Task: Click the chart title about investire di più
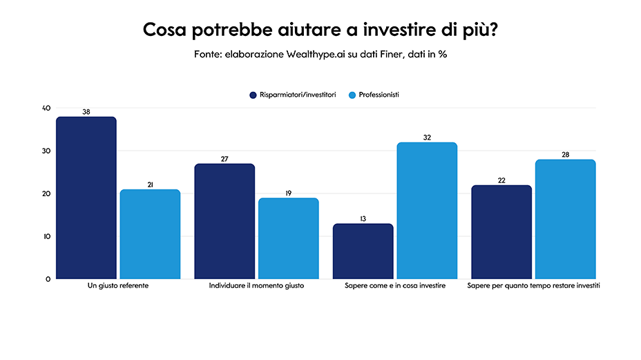[320, 31]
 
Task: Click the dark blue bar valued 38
[86, 198]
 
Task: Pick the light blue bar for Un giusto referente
[150, 234]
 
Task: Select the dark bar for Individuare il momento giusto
[224, 221]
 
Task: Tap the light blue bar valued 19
[288, 238]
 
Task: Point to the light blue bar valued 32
[427, 211]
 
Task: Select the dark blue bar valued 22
[501, 231]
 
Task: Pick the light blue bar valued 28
[565, 219]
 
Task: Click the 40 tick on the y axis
[46, 108]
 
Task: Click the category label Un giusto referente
[118, 286]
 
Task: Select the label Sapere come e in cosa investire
[394, 286]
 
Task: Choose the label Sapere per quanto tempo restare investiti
[533, 286]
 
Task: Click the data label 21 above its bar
[150, 184]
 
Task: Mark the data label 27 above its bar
[224, 159]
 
